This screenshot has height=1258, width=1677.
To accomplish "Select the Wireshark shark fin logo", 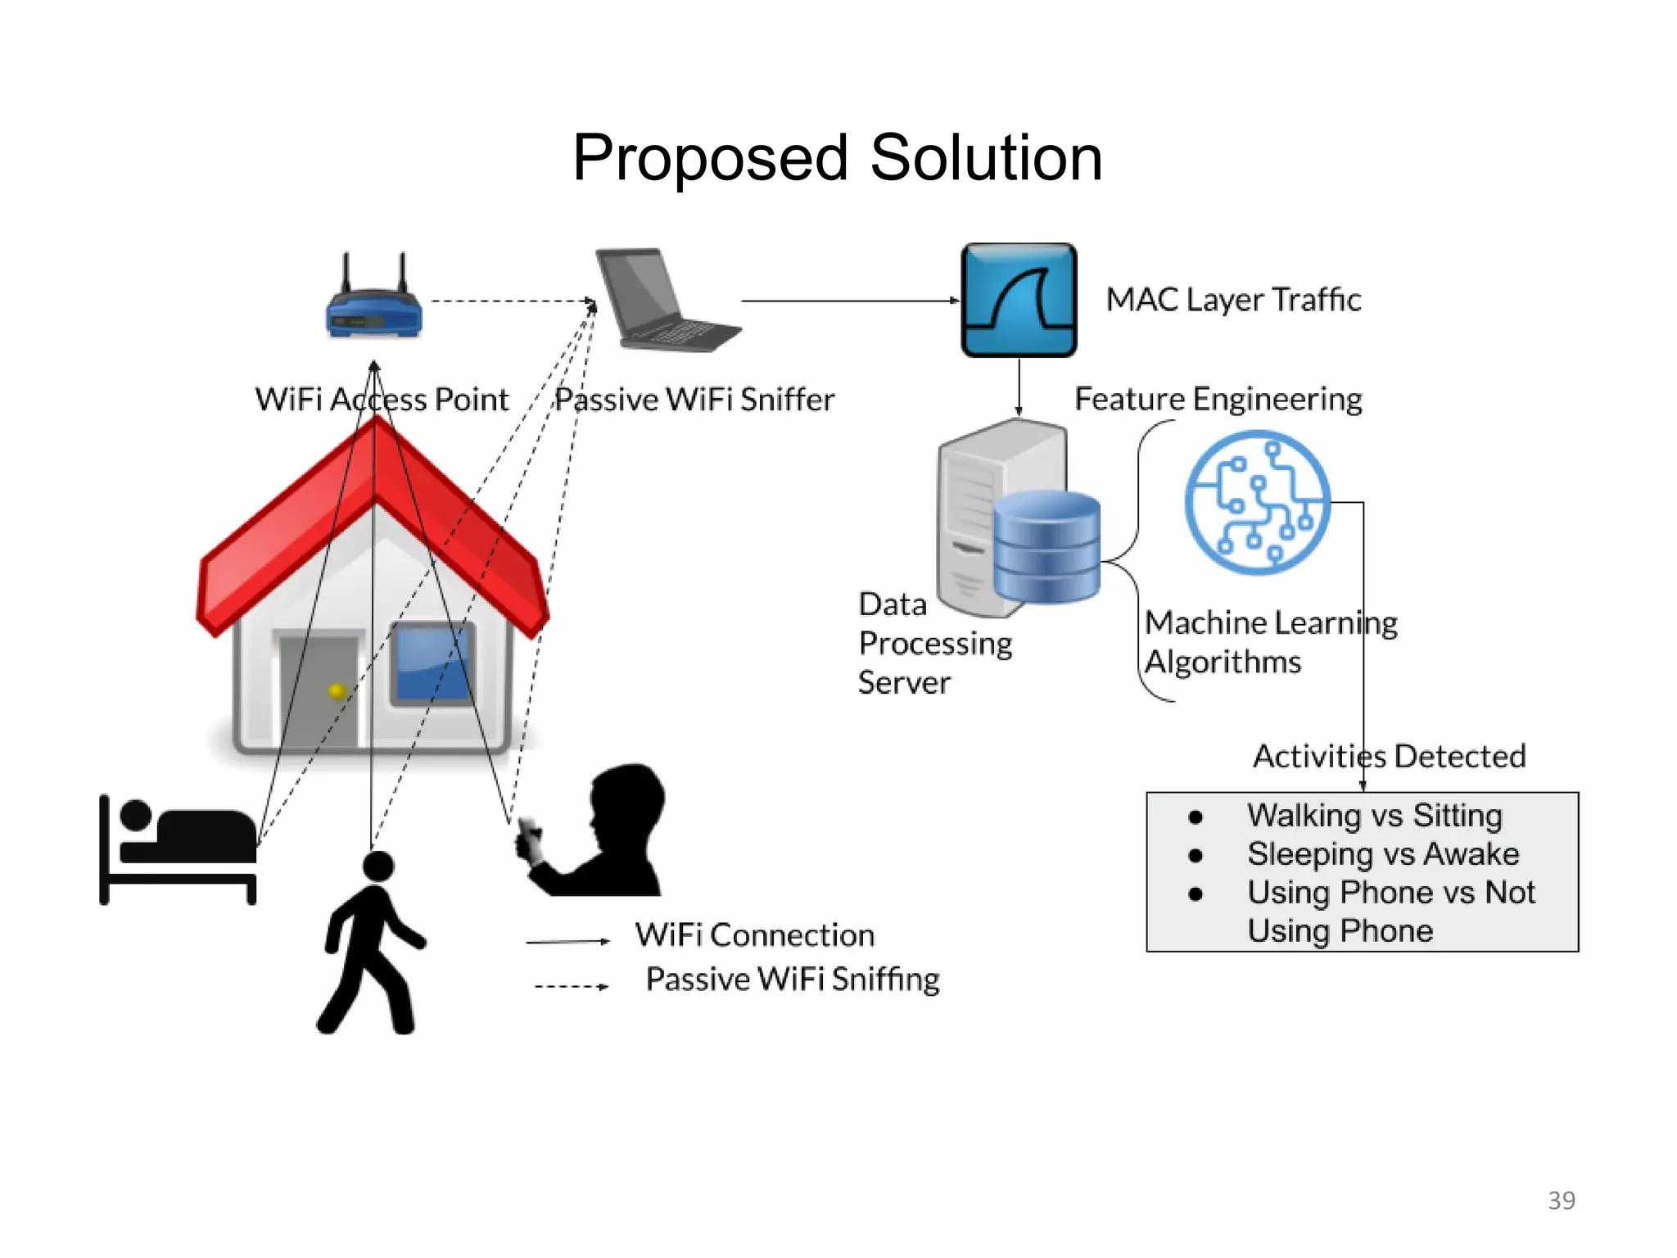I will (1019, 300).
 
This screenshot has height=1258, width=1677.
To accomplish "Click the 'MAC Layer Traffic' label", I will (1233, 300).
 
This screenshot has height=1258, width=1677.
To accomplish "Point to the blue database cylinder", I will (1046, 547).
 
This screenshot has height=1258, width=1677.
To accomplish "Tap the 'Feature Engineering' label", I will (1218, 399).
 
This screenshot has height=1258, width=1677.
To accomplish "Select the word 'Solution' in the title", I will (986, 157).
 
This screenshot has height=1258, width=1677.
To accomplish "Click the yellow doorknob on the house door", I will (337, 691).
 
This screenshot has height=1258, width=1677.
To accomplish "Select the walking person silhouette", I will (373, 942).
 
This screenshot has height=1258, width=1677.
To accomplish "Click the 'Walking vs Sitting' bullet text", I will (1374, 816).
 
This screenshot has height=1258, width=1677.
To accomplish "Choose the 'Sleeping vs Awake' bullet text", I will (1382, 854).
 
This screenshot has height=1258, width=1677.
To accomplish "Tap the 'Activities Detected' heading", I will (1389, 756).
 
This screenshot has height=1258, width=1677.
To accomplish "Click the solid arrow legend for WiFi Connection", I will (567, 942).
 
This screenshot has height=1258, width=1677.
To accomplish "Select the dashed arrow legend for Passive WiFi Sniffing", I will (571, 986).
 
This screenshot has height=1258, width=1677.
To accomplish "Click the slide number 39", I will (1561, 1200).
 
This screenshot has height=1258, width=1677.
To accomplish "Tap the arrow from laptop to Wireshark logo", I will (848, 301).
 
